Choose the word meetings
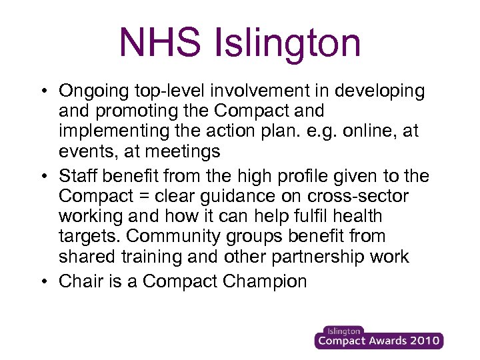click(x=180, y=151)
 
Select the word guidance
click(x=255, y=197)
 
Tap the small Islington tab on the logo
click(x=343, y=331)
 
